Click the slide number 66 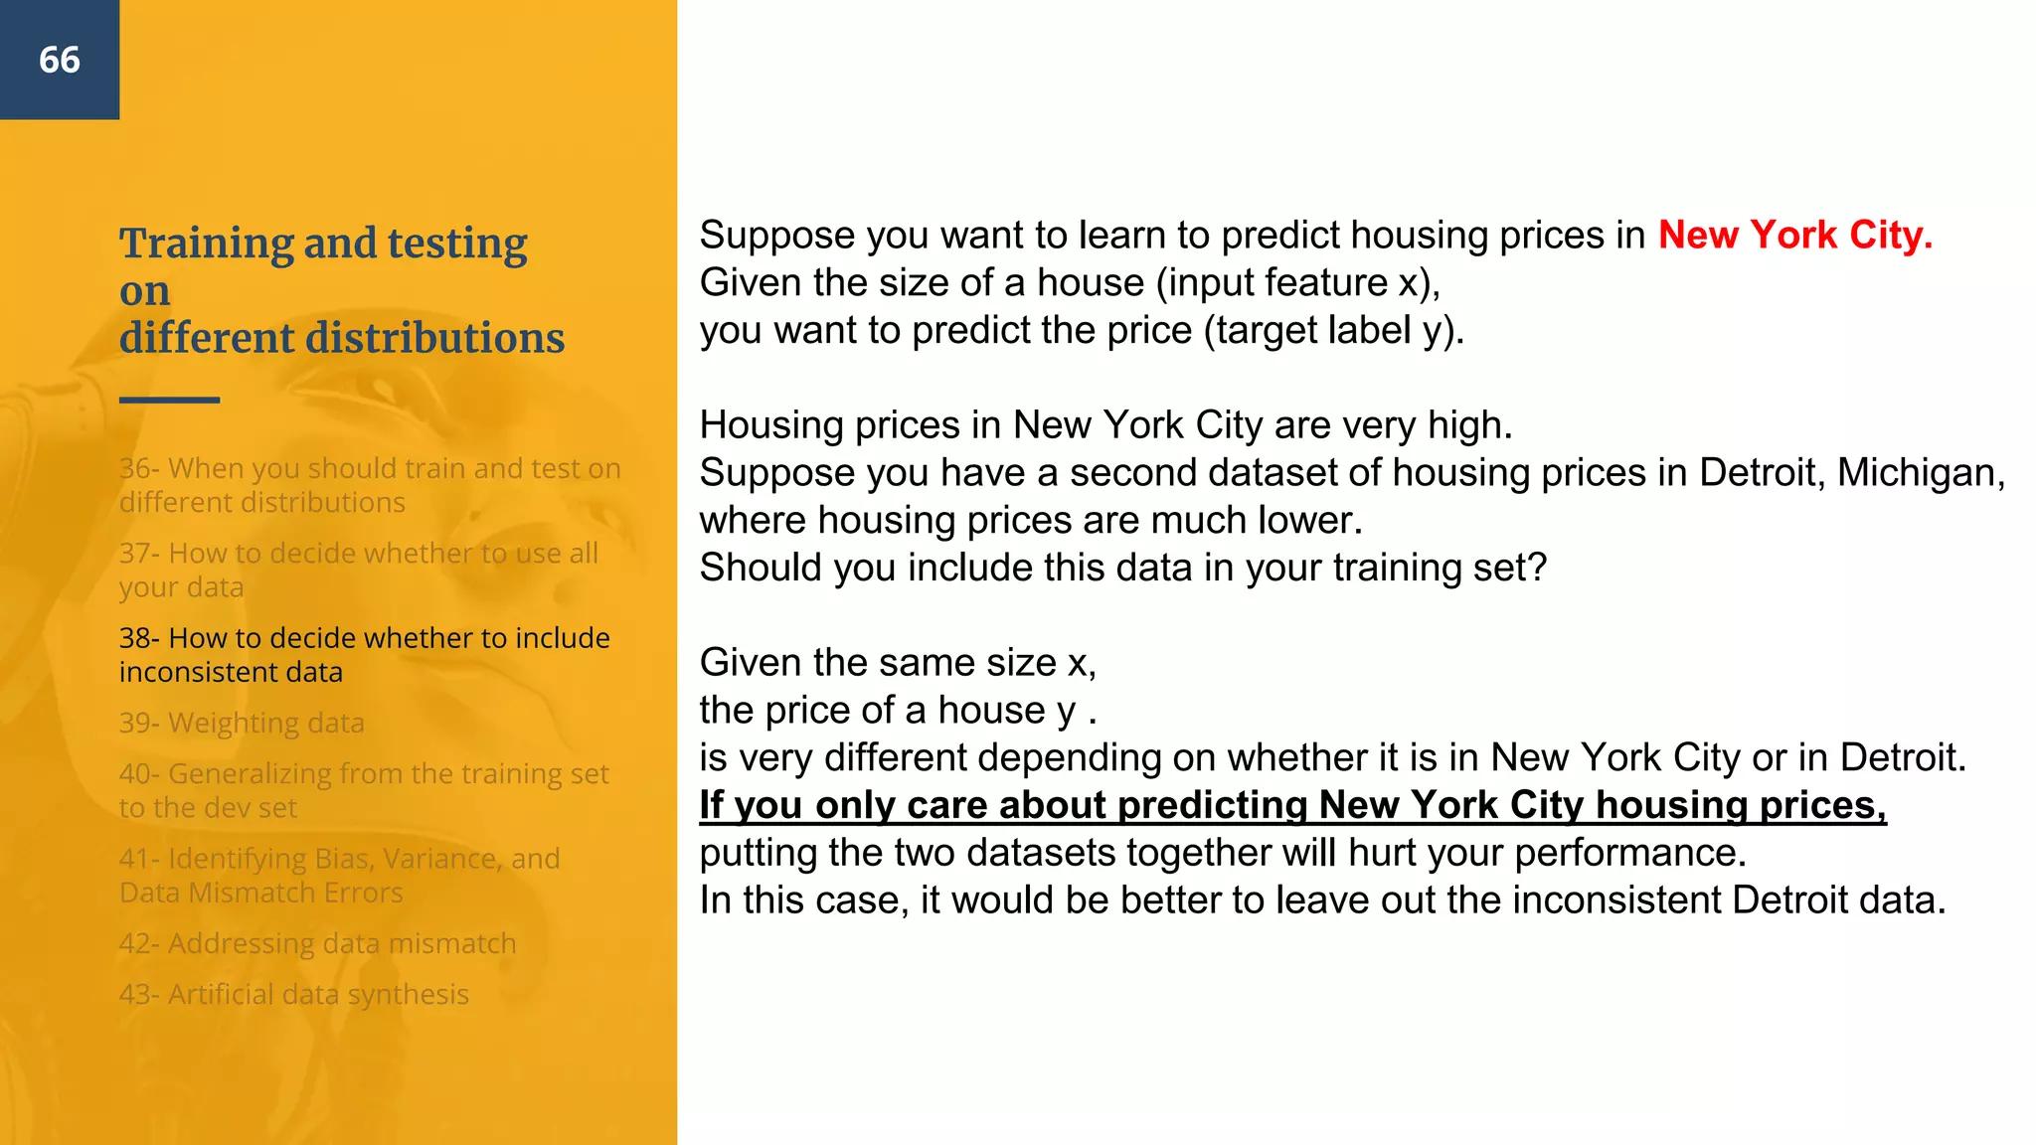point(60,60)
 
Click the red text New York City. point(1794,236)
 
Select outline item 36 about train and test point(369,485)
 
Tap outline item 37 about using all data point(358,570)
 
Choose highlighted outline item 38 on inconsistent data point(364,654)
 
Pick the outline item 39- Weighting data point(242,723)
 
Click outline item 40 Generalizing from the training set point(363,790)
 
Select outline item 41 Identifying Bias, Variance point(339,875)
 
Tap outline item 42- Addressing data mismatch point(317,943)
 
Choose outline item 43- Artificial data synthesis point(293,994)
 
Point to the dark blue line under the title point(169,400)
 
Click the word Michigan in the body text point(1919,473)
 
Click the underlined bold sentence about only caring point(1292,805)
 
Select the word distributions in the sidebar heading point(434,338)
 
